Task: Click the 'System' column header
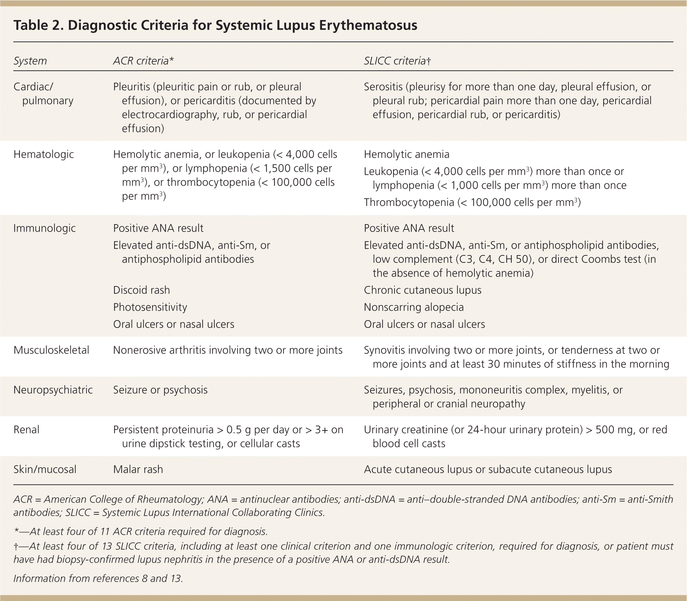point(30,61)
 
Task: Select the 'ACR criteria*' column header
point(143,61)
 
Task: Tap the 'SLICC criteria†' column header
point(397,61)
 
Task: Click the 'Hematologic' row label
point(44,154)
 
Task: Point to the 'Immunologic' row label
point(44,228)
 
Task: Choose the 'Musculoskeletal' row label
point(51,350)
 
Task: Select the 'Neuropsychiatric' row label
point(53,390)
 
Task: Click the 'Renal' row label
point(26,430)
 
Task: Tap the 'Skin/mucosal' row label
point(45,469)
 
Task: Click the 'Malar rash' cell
point(138,469)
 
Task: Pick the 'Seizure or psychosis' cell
point(160,390)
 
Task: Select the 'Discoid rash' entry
point(141,290)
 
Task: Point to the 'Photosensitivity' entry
point(150,307)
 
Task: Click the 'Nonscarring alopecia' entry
point(414,307)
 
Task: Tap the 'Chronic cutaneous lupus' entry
point(422,290)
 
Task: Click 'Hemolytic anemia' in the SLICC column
point(406,154)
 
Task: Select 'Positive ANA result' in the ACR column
point(158,228)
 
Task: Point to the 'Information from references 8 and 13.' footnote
point(98,578)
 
